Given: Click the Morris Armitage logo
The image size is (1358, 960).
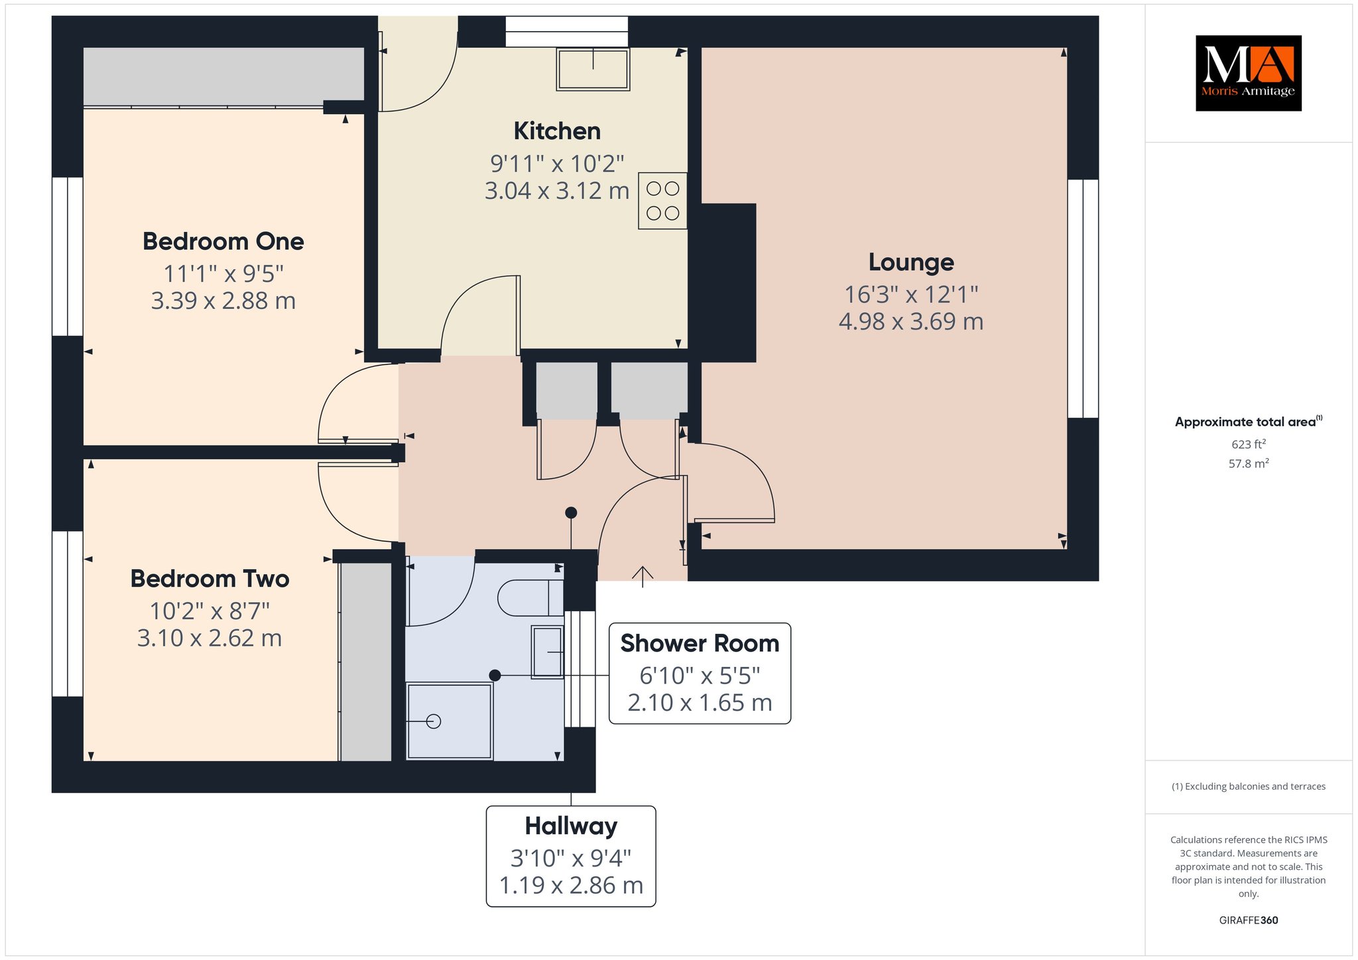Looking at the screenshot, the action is [x=1248, y=73].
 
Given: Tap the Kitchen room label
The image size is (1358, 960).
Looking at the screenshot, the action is [x=557, y=131].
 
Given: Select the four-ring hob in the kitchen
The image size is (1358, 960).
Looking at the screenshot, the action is [x=662, y=201].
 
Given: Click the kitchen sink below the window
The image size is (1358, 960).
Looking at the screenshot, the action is [x=593, y=68].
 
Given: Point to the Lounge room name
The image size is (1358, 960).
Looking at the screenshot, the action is [x=911, y=263].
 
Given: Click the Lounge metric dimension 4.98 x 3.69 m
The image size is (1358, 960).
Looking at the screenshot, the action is [x=911, y=322].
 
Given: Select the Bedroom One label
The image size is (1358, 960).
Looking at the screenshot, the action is [x=223, y=241].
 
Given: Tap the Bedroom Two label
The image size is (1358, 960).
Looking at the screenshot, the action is [x=210, y=579].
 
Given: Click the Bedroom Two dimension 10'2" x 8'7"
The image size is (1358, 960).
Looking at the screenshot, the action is [x=210, y=611].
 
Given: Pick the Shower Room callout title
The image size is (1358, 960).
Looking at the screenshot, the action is [x=700, y=644].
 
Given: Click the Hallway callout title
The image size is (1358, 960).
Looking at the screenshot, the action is [x=571, y=826].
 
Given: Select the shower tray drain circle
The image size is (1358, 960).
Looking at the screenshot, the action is [x=434, y=721].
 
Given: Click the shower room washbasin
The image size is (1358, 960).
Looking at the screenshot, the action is [x=547, y=652].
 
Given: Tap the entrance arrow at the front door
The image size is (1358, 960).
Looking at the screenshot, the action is [x=642, y=577].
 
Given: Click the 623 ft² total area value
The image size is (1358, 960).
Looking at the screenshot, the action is [x=1249, y=444].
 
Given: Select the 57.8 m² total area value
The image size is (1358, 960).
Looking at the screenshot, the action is [x=1249, y=463].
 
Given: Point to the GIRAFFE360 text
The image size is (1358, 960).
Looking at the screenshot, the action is [x=1249, y=920].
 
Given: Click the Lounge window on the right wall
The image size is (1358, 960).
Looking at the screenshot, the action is [x=1083, y=298].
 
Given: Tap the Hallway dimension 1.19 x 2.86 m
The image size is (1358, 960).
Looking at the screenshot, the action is [x=571, y=886].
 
